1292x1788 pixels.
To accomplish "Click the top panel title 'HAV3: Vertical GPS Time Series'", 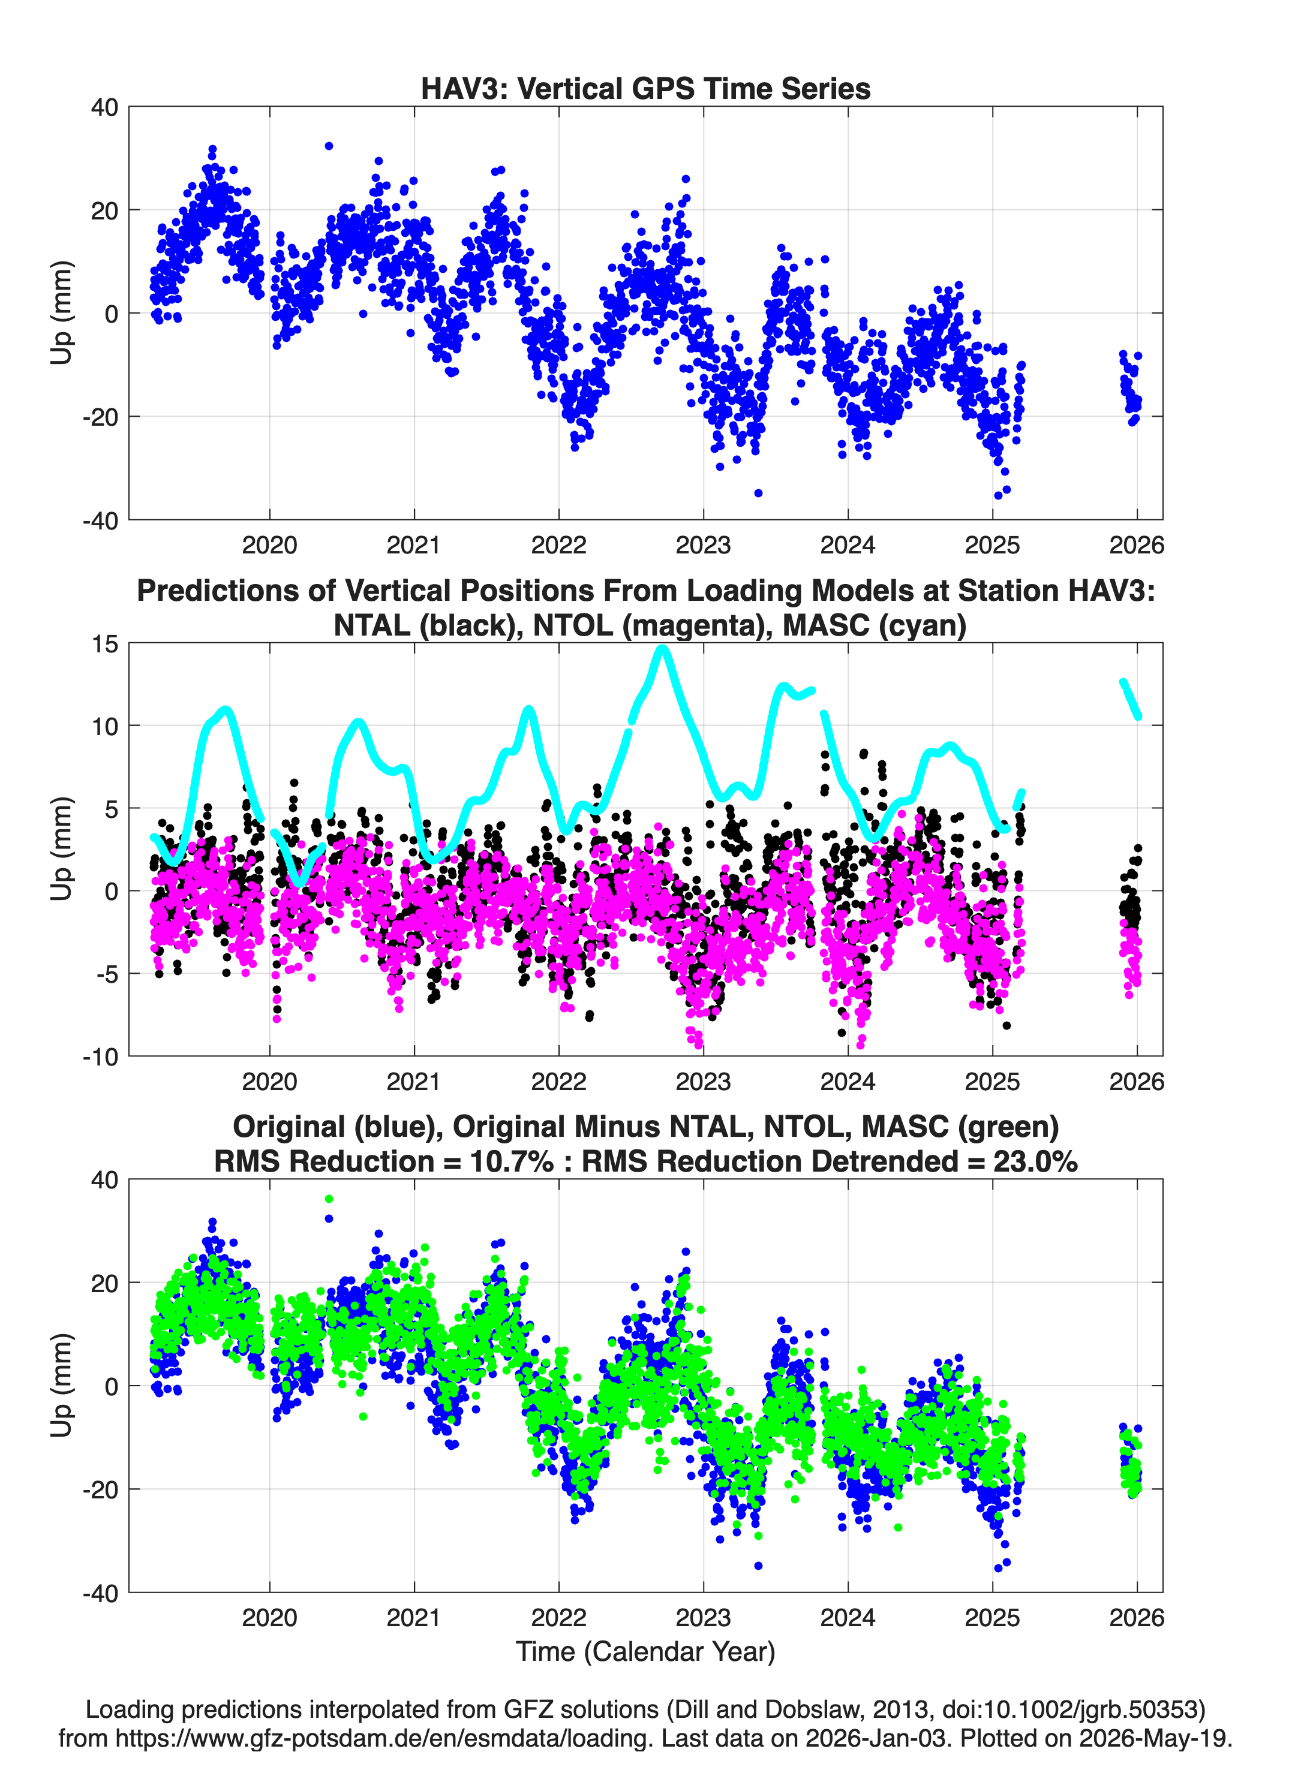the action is tap(645, 88).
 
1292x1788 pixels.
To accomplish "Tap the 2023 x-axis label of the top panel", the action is tap(703, 545).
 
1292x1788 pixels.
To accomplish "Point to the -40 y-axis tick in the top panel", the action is tap(100, 520).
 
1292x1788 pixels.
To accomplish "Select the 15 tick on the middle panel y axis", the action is tap(105, 644).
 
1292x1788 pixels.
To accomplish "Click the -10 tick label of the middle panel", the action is tap(100, 1057).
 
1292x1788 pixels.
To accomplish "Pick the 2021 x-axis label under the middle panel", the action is tap(413, 1082).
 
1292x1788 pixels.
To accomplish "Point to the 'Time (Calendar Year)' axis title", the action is tap(645, 1652).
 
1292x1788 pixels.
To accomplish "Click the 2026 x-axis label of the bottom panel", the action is tap(1137, 1618).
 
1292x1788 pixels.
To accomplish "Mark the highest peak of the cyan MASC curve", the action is tap(663, 649).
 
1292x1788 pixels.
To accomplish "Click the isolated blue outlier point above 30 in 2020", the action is tap(329, 146).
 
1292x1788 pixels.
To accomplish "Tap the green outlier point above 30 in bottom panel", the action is tap(329, 1199).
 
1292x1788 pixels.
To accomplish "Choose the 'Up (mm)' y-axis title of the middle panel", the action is tap(62, 849).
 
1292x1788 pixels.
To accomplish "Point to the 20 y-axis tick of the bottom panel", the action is tap(105, 1283).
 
